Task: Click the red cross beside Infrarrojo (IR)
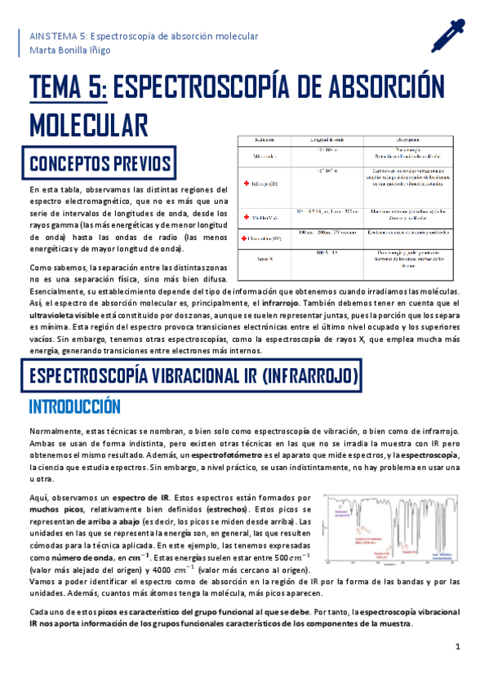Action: pyautogui.click(x=245, y=184)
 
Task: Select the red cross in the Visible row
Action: pyautogui.click(x=245, y=217)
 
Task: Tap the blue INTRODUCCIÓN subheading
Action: pyautogui.click(x=74, y=406)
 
